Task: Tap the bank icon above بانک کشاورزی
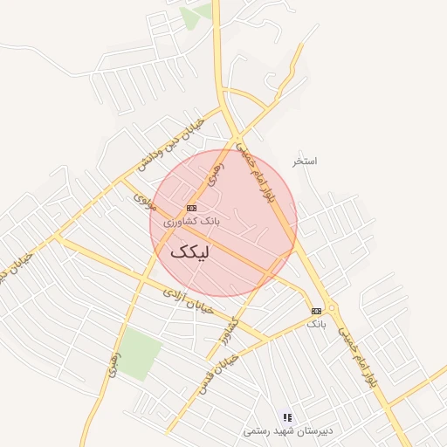[x=192, y=208]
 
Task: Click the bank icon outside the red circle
[x=316, y=311]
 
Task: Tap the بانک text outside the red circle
[x=315, y=324]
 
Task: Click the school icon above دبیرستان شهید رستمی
[x=288, y=418]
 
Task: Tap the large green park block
[x=140, y=353]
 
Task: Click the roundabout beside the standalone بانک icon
[x=333, y=308]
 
